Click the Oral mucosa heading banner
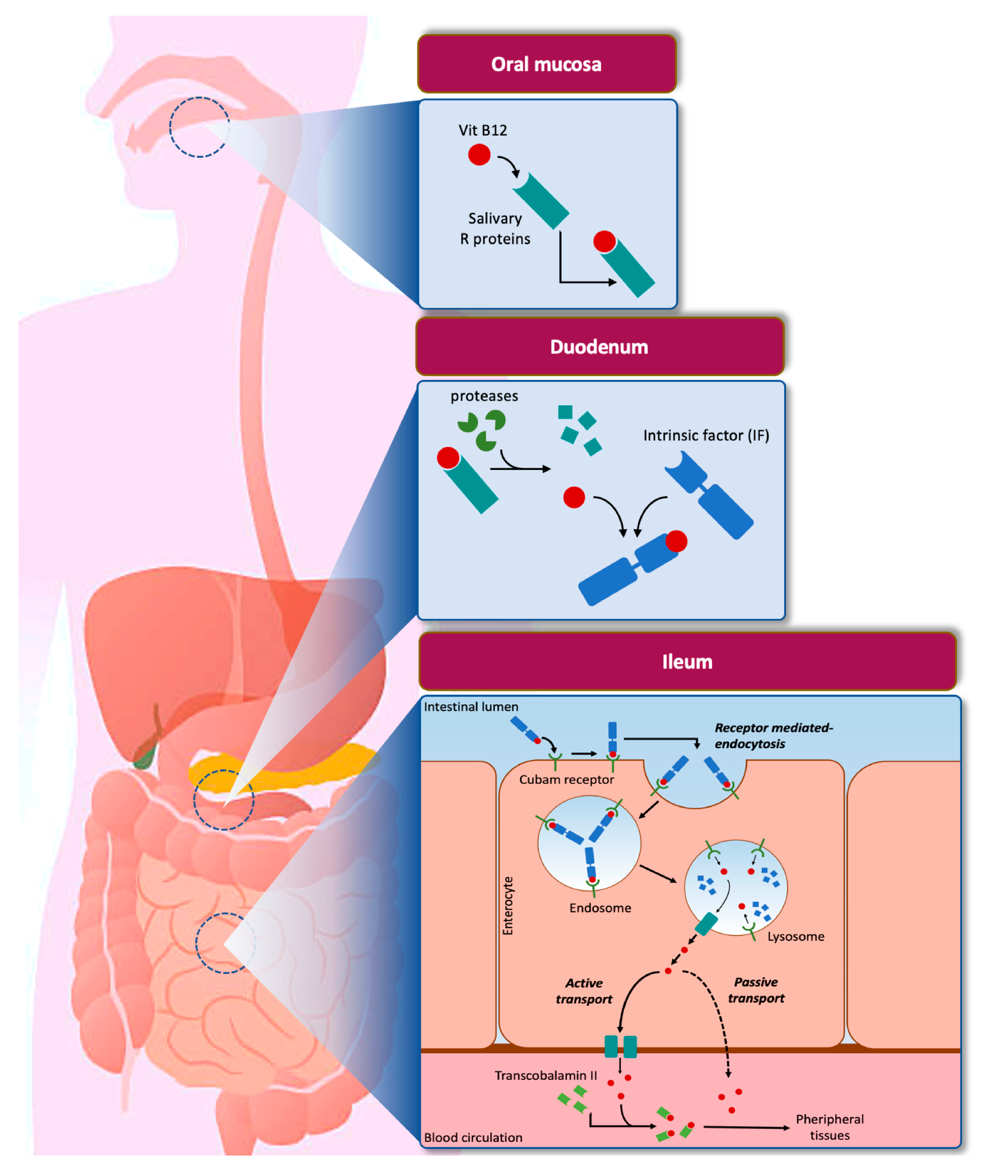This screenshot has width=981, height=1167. point(547,64)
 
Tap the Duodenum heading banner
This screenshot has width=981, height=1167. point(599,347)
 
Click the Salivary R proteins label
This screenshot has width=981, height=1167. point(495,229)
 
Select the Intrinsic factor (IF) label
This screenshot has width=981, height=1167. point(706,435)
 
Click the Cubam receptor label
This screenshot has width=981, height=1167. point(566,779)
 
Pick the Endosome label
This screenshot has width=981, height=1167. point(600,908)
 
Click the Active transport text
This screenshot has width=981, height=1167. point(584,991)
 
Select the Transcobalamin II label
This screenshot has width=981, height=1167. point(546,1075)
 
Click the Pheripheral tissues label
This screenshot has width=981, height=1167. point(829,1127)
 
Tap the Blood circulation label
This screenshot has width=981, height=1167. point(473,1138)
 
